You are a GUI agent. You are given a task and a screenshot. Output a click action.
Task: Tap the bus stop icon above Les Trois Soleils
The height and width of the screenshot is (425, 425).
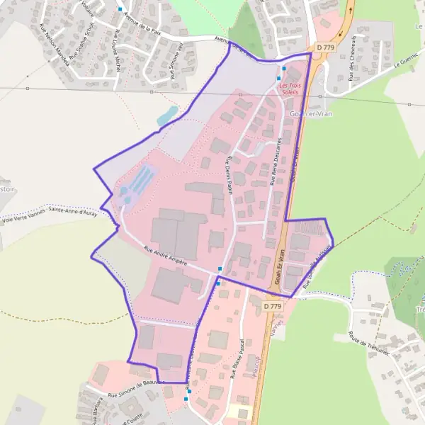point(284,69)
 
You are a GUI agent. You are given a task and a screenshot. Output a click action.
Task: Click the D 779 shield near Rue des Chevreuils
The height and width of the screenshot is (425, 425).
point(325,47)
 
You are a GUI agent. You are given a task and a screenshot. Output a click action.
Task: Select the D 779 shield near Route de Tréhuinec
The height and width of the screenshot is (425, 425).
point(273,306)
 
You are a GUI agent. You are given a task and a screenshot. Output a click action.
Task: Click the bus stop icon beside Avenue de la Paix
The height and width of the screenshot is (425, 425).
point(120,10)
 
